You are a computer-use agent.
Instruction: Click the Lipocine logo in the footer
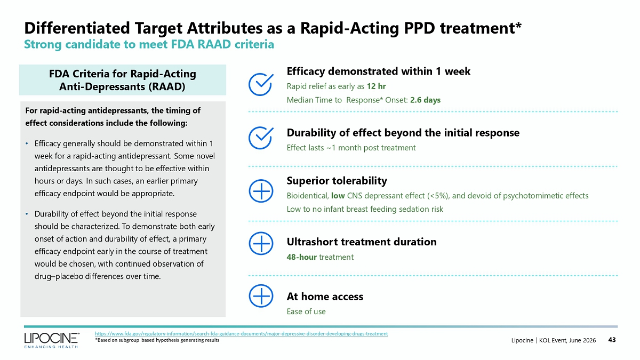52,340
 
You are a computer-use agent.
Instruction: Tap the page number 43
612,340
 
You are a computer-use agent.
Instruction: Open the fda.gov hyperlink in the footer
242,333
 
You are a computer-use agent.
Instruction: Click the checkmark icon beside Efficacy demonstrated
261,84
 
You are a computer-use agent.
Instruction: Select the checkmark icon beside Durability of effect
261,138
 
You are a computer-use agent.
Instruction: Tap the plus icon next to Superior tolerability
261,191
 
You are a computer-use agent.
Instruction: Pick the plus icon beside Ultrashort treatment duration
261,243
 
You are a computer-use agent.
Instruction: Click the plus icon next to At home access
261,296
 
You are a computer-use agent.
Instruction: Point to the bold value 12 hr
377,86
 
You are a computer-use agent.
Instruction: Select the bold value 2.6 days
426,100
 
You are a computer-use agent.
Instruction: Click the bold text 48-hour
302,257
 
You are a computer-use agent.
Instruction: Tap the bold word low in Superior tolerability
338,196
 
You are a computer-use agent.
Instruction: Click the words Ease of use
306,311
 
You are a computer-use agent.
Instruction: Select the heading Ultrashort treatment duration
362,242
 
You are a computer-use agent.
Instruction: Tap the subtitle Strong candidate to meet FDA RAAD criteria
149,44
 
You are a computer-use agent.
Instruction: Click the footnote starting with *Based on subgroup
157,340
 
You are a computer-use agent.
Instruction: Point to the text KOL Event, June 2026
567,340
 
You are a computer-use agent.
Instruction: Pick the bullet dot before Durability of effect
27,214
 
